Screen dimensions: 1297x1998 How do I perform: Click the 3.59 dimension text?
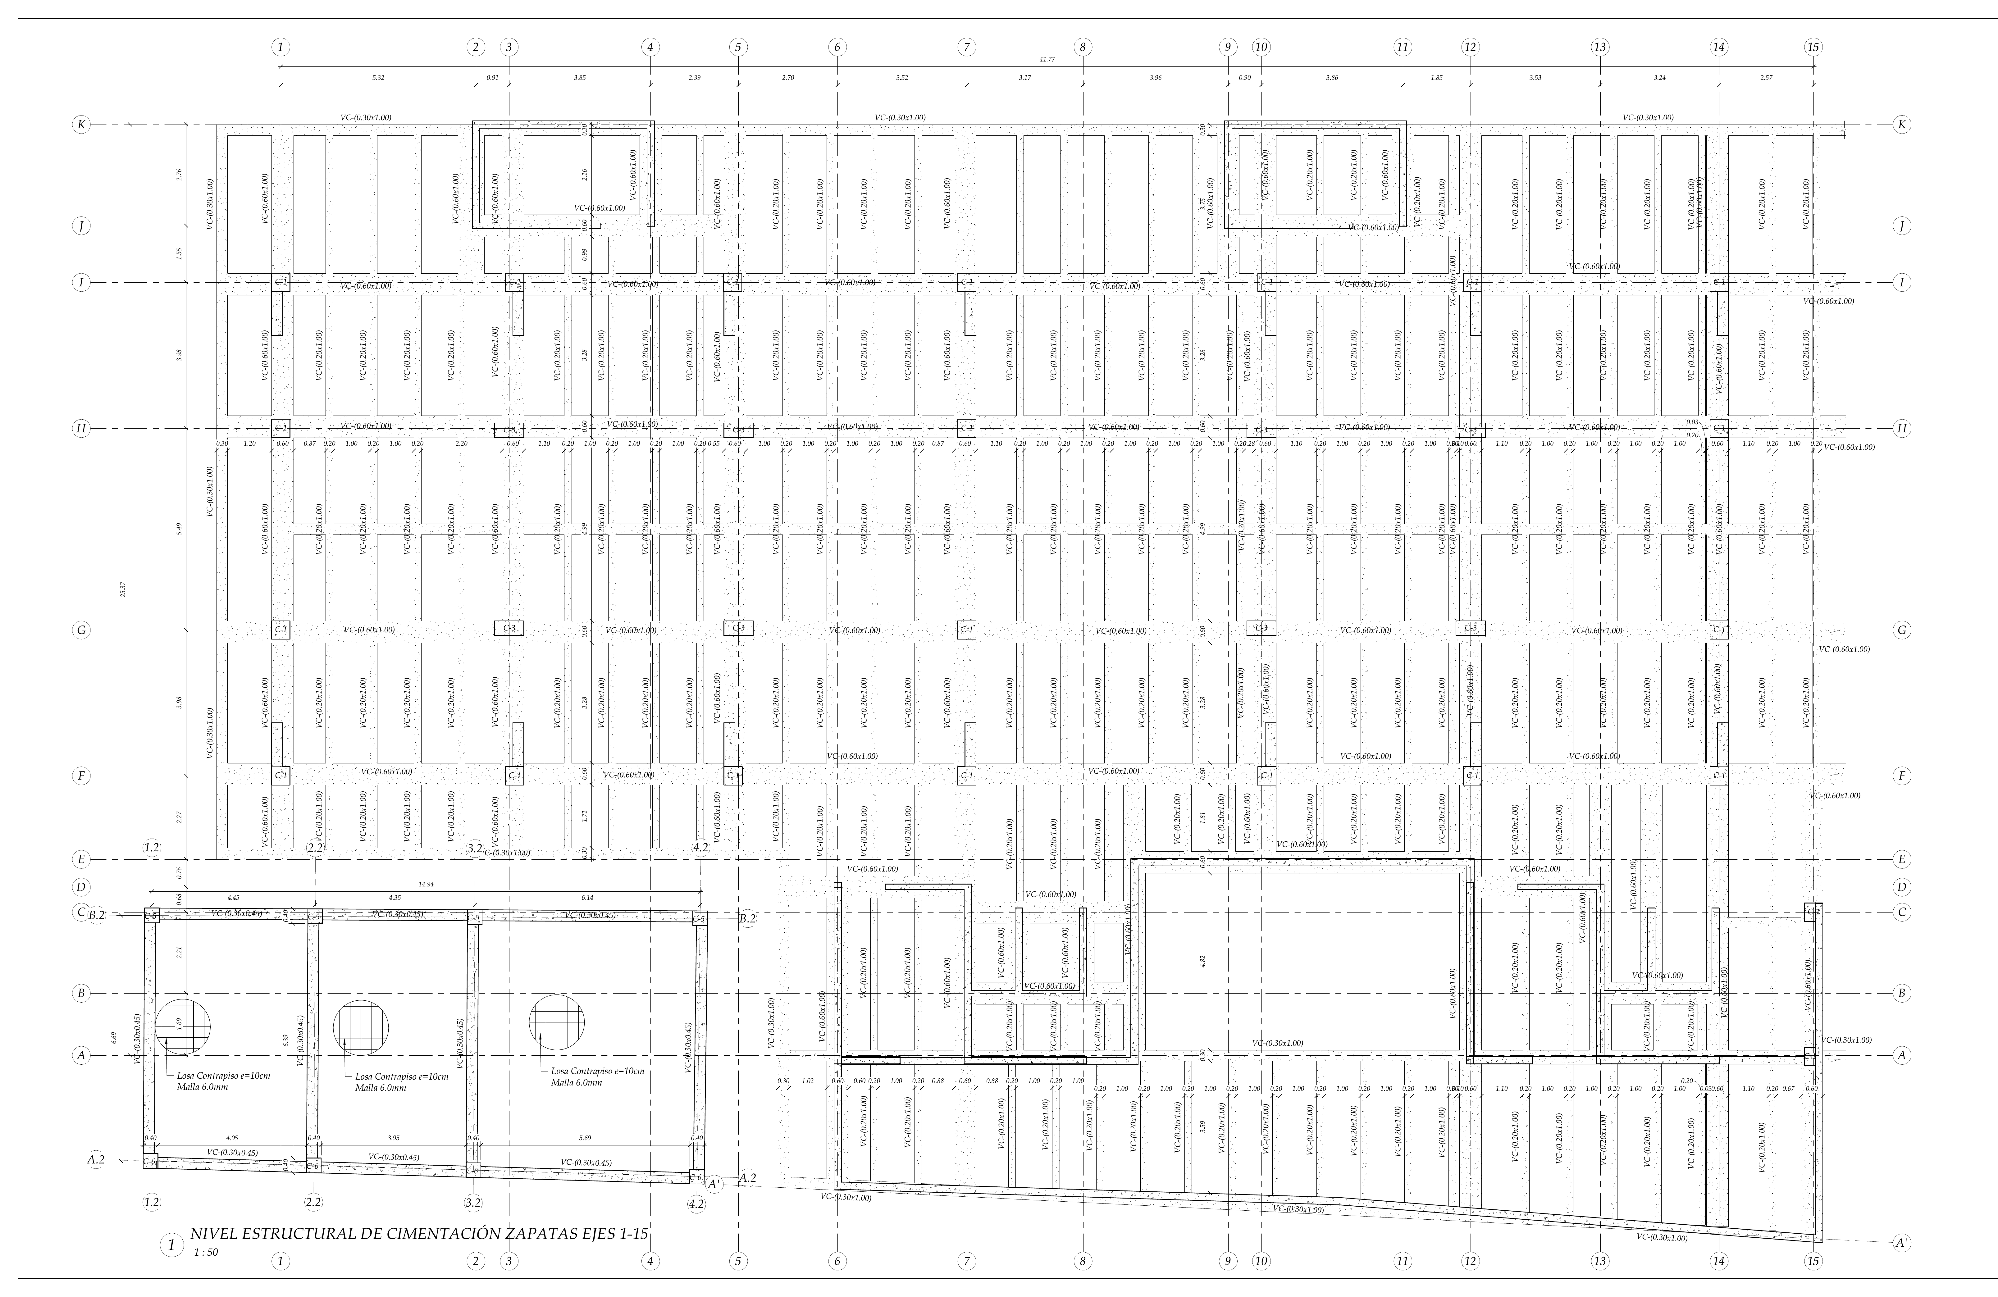click(1203, 1126)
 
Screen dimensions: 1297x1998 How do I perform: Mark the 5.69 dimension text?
click(585, 1138)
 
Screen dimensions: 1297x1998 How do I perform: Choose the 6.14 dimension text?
click(587, 898)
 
